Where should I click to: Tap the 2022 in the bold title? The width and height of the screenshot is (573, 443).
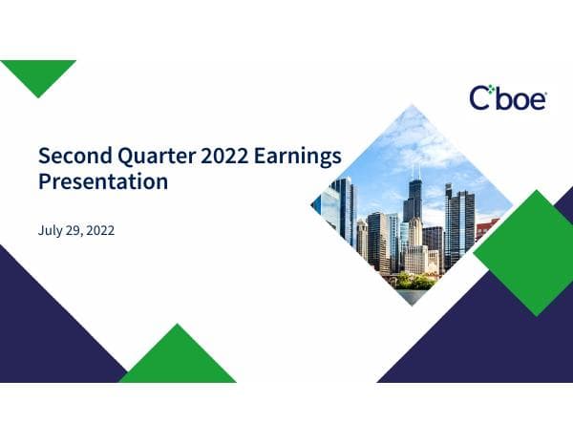pos(222,155)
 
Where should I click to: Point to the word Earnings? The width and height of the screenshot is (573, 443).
pos(297,155)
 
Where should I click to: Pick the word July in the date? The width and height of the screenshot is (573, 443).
pos(50,230)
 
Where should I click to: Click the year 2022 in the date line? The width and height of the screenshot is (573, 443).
pos(99,230)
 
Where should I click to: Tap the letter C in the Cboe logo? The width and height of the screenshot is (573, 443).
pos(480,98)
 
